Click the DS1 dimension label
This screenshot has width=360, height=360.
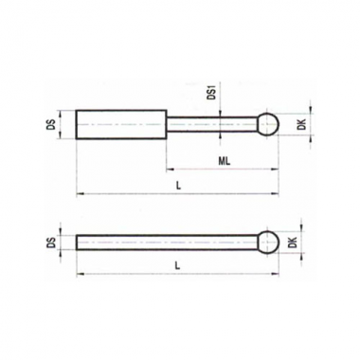coord(211,92)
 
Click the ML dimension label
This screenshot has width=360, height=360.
coord(225,161)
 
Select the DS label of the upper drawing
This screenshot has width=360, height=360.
coord(53,124)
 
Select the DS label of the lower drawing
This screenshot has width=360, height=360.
coord(52,243)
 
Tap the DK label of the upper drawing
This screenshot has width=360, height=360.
coord(302,124)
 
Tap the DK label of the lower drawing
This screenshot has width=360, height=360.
coord(294,243)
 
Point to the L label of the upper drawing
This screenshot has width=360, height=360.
coord(178,187)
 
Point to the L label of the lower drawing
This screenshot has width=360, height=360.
coord(178,266)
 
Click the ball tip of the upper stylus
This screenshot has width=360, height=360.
coord(268,124)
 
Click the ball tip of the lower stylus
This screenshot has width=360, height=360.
coord(268,243)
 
